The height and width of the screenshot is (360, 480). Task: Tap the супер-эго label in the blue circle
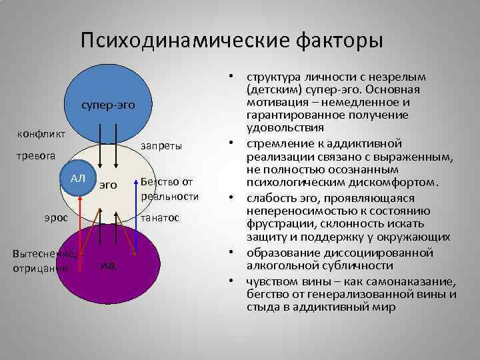point(108,105)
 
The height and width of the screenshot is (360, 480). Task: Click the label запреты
point(162,145)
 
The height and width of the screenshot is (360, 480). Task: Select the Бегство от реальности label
point(170,189)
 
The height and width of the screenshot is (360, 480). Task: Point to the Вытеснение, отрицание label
point(45,261)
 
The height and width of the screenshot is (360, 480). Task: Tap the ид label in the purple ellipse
point(109,265)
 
